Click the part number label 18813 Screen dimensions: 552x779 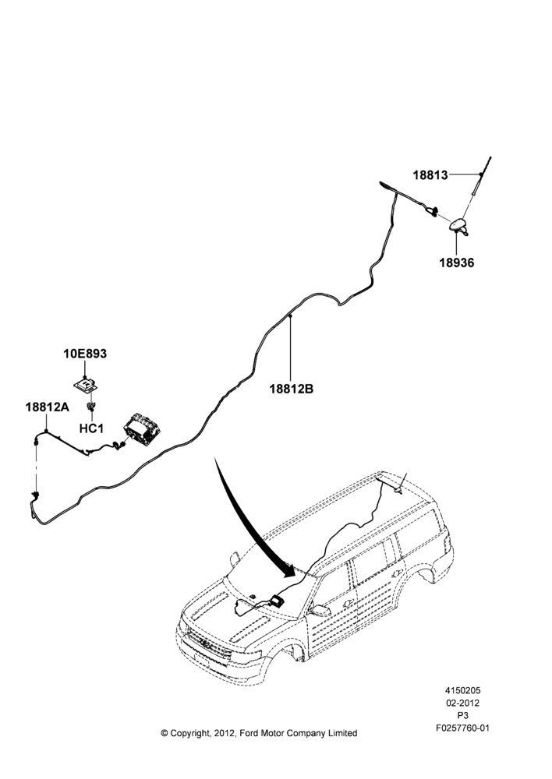pyautogui.click(x=430, y=174)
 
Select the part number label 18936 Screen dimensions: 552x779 pyautogui.click(x=457, y=263)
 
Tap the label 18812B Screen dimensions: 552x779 pyautogui.click(x=292, y=389)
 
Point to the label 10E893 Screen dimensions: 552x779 pyautogui.click(x=85, y=354)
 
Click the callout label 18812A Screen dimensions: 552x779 pyautogui.click(x=48, y=407)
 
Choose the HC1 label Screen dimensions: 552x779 pyautogui.click(x=91, y=428)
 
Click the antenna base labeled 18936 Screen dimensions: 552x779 pyautogui.click(x=459, y=226)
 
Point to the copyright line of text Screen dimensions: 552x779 pyautogui.click(x=259, y=733)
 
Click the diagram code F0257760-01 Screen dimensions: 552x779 pyautogui.click(x=463, y=728)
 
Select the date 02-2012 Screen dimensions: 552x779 pyautogui.click(x=463, y=703)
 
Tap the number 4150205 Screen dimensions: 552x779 pyautogui.click(x=463, y=690)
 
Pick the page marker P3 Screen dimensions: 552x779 pyautogui.click(x=463, y=715)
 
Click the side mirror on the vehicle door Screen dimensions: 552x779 pyautogui.click(x=319, y=610)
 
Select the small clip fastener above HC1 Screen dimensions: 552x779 pyautogui.click(x=91, y=408)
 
